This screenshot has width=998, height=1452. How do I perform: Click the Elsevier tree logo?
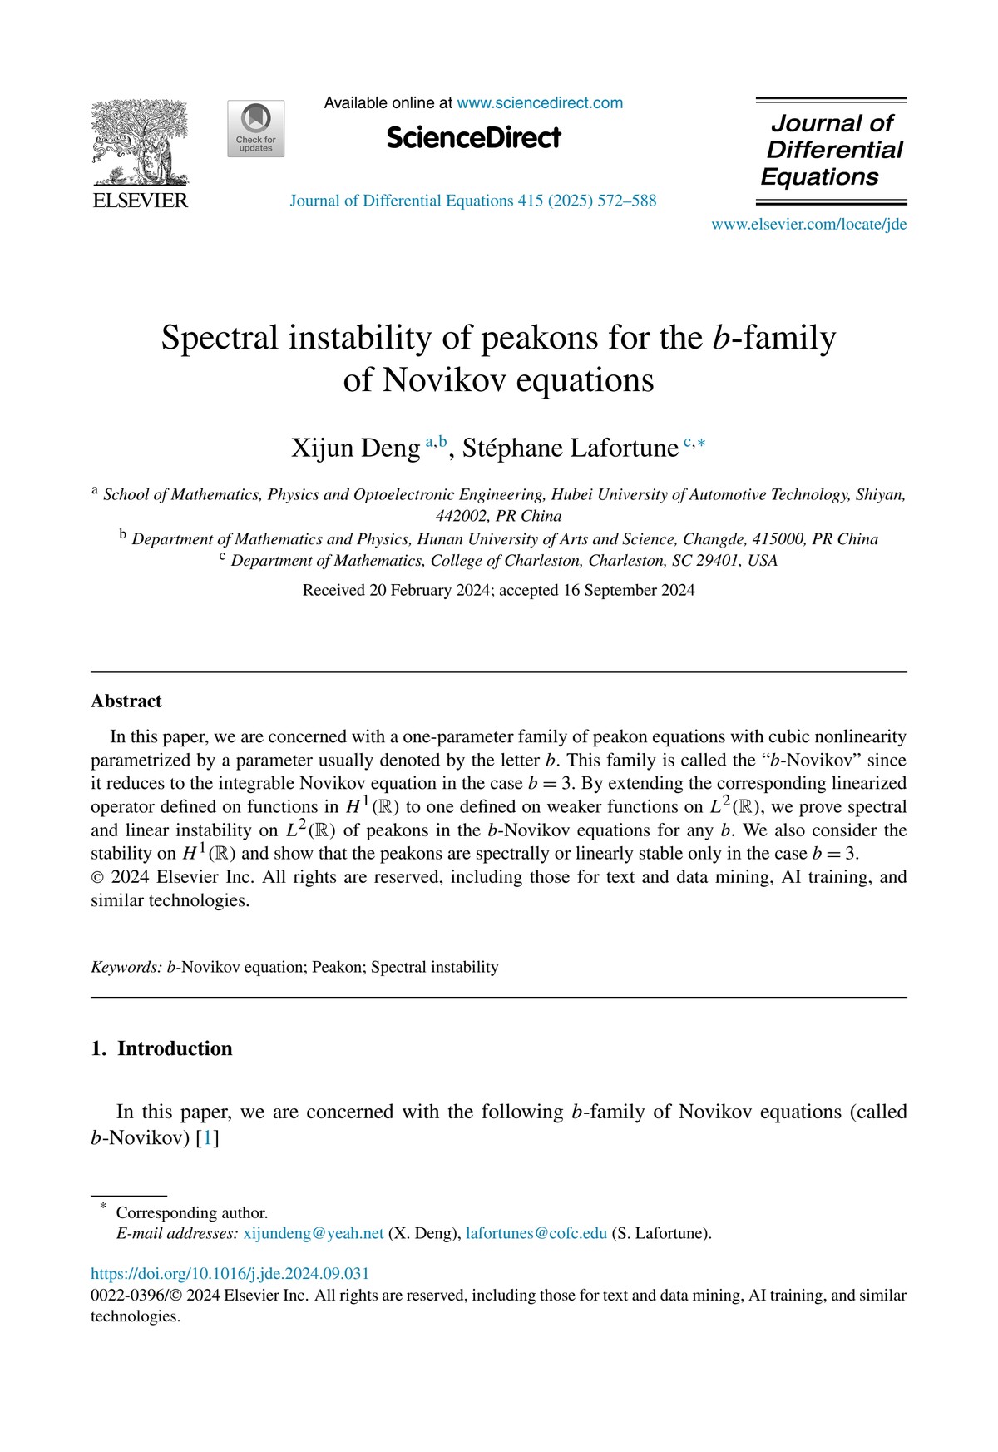pyautogui.click(x=140, y=141)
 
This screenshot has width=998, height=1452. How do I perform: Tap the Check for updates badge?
pyautogui.click(x=255, y=129)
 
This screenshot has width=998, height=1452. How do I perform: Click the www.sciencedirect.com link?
pyautogui.click(x=540, y=103)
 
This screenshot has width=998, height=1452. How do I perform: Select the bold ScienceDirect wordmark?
pyautogui.click(x=473, y=138)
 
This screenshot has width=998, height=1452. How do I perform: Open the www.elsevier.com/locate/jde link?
pyautogui.click(x=808, y=225)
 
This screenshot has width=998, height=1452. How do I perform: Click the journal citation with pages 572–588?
pyautogui.click(x=472, y=201)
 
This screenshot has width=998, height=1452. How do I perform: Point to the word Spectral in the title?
pyautogui.click(x=220, y=339)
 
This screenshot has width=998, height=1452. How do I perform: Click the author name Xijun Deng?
pyautogui.click(x=355, y=448)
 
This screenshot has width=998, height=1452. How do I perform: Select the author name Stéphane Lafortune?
pyautogui.click(x=570, y=448)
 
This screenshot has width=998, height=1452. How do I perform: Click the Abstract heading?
pyautogui.click(x=126, y=701)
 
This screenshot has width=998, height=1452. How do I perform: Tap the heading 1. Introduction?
pyautogui.click(x=162, y=1048)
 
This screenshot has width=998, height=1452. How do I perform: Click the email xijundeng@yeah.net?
pyautogui.click(x=313, y=1233)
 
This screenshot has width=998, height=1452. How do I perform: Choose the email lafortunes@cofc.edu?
pyautogui.click(x=536, y=1233)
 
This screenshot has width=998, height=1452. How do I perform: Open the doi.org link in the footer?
pyautogui.click(x=230, y=1274)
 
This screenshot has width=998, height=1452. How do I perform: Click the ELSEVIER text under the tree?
pyautogui.click(x=141, y=201)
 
